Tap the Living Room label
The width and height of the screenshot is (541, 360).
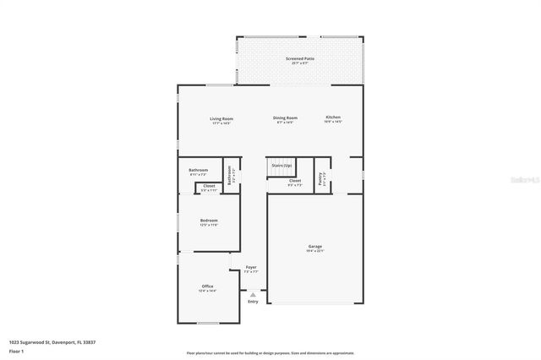[x=221, y=118]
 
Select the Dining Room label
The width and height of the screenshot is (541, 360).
[x=285, y=117]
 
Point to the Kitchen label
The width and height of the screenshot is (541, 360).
[x=334, y=117]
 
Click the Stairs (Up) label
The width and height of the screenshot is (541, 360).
[x=281, y=165]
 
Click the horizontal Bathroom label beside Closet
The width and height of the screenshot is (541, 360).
[x=199, y=170]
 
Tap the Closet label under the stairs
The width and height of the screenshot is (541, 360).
[x=294, y=180]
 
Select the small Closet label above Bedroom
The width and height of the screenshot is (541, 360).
[x=209, y=185]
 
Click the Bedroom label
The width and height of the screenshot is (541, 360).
[x=209, y=220]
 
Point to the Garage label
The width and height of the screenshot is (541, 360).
[x=314, y=246]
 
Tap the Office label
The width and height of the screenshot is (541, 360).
[x=207, y=286]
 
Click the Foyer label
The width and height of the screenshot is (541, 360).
[x=251, y=267]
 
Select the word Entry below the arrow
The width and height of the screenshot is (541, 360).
[x=253, y=302]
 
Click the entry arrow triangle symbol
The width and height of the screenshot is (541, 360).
[x=253, y=294]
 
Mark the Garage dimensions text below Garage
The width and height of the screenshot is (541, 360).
[x=314, y=251]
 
